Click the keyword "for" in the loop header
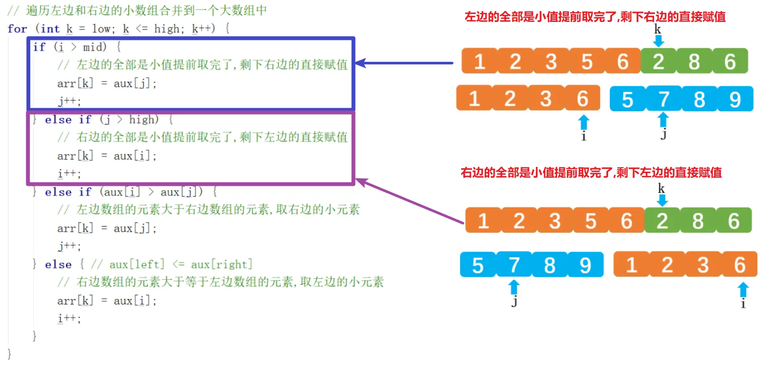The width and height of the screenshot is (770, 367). pyautogui.click(x=17, y=29)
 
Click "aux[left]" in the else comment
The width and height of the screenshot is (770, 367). pyautogui.click(x=137, y=264)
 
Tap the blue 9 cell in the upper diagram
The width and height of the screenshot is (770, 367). pyautogui.click(x=735, y=99)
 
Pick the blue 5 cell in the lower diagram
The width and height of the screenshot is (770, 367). pyautogui.click(x=478, y=265)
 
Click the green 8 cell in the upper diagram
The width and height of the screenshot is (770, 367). pyautogui.click(x=694, y=61)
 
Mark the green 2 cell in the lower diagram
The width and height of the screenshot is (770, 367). pyautogui.click(x=662, y=221)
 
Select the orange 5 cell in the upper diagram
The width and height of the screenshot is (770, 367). pyautogui.click(x=587, y=61)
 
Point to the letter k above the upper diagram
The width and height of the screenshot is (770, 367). pyautogui.click(x=657, y=29)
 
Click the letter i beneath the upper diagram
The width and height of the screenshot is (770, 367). pyautogui.click(x=584, y=136)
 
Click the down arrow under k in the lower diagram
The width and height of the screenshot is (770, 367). pyautogui.click(x=662, y=200)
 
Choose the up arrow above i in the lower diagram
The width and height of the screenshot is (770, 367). pyautogui.click(x=743, y=290)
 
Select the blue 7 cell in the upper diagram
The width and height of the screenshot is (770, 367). pyautogui.click(x=663, y=99)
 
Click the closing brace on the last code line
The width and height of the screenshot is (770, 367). pyautogui.click(x=9, y=354)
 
